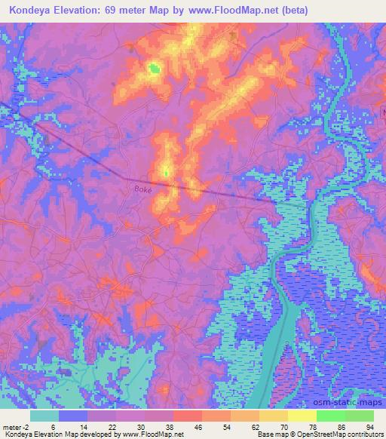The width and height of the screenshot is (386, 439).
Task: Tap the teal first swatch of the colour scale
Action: [x=44, y=416]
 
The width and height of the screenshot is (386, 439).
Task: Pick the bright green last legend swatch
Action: [x=360, y=416]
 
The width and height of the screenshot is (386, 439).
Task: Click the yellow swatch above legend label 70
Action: [x=274, y=416]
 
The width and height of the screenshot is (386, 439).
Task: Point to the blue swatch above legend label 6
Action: [x=73, y=416]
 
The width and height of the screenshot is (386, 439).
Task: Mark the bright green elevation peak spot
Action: [x=155, y=69]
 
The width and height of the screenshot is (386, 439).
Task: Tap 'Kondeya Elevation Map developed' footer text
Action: [x=53, y=434]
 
